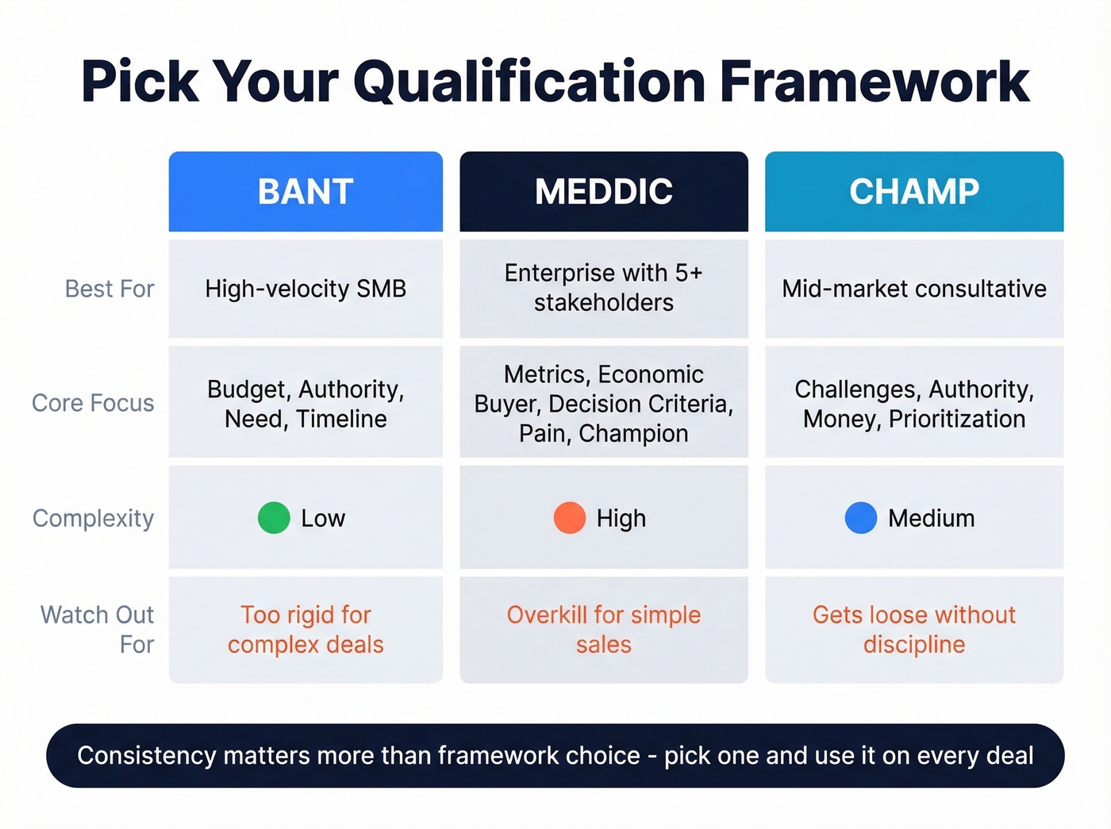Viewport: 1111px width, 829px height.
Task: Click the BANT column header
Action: [x=306, y=192]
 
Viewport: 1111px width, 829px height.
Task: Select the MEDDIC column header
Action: [x=603, y=192]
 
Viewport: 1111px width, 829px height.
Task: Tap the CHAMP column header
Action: [x=913, y=192]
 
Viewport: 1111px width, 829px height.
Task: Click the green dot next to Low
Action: [x=274, y=518]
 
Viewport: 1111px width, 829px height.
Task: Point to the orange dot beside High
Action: [x=569, y=518]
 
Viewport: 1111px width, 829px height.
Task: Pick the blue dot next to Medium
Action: [x=861, y=518]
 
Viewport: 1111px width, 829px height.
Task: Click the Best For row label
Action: [x=110, y=289]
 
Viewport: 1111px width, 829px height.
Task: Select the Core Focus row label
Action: [x=93, y=403]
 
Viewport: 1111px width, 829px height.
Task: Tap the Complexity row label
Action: [x=93, y=518]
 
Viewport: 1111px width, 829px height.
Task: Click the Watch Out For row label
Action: [x=98, y=629]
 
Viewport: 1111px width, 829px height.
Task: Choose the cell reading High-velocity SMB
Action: [x=306, y=289]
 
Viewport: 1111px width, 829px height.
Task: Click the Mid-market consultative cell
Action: [x=913, y=289]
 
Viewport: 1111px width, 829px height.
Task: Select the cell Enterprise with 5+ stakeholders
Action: [x=603, y=288]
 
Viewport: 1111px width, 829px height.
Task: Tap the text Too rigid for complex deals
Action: [x=306, y=629]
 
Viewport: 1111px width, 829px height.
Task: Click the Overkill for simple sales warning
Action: [x=603, y=629]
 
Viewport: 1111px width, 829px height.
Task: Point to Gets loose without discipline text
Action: [x=913, y=629]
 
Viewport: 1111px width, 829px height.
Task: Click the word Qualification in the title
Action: [x=529, y=83]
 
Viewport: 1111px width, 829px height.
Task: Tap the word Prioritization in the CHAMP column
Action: [x=957, y=419]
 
